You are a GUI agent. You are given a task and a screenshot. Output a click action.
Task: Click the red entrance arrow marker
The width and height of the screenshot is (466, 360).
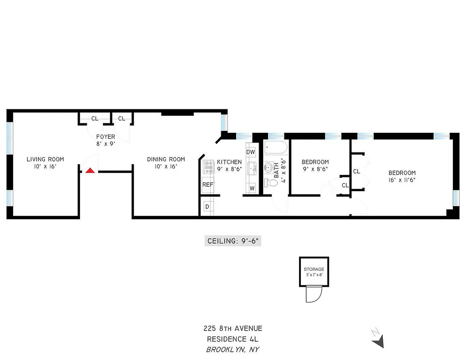point(90,171)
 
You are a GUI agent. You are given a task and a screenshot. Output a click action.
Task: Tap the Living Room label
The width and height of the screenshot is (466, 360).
point(45,159)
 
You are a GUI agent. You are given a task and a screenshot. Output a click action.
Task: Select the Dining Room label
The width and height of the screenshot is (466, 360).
point(166,159)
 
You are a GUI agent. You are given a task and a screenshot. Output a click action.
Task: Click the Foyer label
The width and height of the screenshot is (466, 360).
point(106,137)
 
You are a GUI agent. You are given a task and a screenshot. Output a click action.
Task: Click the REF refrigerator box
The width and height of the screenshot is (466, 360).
point(207,184)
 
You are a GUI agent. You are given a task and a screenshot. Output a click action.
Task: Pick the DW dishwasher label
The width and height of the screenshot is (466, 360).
point(251,152)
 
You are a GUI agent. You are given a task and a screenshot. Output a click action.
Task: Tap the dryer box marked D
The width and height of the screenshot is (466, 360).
point(207,207)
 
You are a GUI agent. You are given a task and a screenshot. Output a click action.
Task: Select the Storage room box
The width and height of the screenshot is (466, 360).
point(314,272)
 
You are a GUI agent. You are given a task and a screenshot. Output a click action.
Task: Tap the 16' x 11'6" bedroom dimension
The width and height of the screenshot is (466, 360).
point(402,180)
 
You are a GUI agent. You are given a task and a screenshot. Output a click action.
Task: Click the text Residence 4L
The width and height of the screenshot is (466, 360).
point(233,339)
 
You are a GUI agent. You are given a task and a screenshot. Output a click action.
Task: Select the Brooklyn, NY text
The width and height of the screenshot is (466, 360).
point(233,349)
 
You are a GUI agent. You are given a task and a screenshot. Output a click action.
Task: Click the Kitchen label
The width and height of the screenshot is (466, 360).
point(229,162)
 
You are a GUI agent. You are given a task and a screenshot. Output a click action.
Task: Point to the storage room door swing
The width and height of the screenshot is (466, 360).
point(313,295)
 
